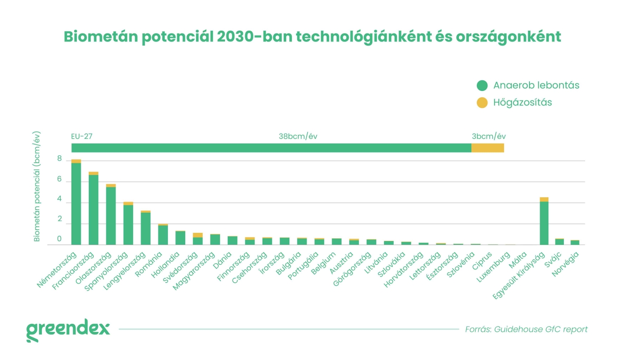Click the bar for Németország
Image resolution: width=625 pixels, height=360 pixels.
click(76, 203)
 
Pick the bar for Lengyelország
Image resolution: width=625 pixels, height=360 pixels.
click(146, 228)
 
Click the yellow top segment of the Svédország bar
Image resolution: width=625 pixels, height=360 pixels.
click(198, 235)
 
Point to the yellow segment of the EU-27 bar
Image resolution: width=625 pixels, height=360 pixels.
click(487, 148)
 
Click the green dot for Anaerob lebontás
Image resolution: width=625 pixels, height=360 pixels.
click(482, 86)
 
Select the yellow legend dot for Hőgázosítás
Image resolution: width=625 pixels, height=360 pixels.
click(482, 103)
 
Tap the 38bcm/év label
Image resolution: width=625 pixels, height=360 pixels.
click(298, 137)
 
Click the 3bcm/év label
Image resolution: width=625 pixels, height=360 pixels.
click(489, 137)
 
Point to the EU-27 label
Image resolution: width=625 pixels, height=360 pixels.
click(82, 137)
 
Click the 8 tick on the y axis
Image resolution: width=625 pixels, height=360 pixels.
click(59, 158)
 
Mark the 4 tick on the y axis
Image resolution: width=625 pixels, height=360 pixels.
click(59, 200)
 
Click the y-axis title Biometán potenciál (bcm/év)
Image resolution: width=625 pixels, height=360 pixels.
click(37, 186)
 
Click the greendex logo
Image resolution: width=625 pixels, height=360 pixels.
click(68, 330)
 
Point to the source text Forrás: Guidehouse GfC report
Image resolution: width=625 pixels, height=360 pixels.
click(526, 330)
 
